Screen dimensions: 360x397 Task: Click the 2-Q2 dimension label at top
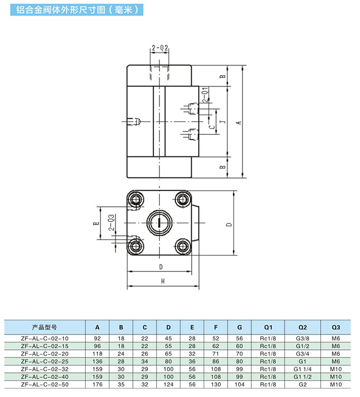pos(160,48)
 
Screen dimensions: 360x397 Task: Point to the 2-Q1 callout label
pos(205,95)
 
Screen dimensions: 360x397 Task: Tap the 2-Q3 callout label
pos(112,222)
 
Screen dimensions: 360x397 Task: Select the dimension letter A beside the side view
pos(239,122)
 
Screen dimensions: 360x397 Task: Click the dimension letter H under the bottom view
pos(163,281)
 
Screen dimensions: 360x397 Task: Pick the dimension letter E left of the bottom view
pos(96,223)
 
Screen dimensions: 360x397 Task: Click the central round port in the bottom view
pos(159,223)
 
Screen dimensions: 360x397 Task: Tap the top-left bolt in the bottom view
pos(136,200)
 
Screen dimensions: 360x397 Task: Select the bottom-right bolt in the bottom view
pos(183,246)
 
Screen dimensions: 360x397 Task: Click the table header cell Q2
pos(303,328)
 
